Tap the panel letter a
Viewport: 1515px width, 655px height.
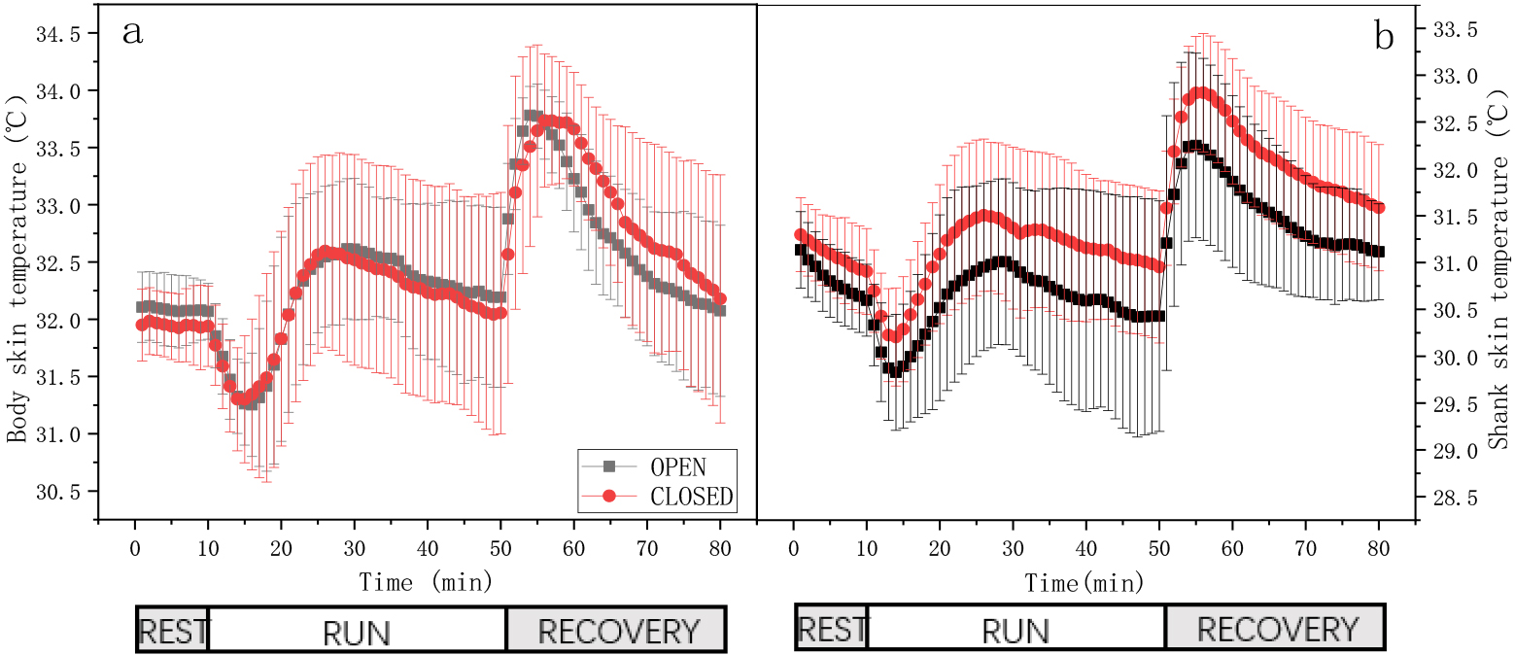(133, 32)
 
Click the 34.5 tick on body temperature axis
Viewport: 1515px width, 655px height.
(57, 34)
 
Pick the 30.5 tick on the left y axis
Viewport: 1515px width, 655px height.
(57, 492)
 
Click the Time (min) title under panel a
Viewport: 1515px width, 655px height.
(426, 581)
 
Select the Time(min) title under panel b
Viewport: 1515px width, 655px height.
(1084, 582)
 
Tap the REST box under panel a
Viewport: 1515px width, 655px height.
(173, 630)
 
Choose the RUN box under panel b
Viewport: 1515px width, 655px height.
(1016, 627)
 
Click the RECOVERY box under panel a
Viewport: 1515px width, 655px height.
(616, 630)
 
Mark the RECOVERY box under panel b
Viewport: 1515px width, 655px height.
(1276, 627)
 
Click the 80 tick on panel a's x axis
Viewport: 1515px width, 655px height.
(720, 548)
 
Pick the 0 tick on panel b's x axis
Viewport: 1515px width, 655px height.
(794, 548)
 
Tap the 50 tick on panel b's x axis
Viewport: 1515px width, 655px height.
(1159, 548)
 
